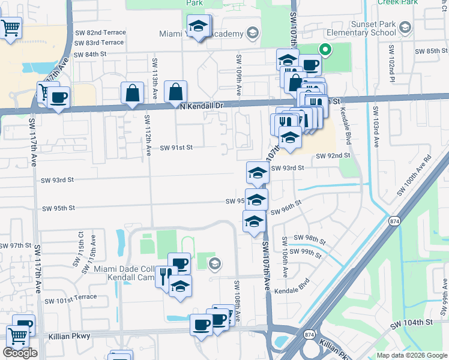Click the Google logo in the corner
coord(20,353)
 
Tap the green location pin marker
coord(325,50)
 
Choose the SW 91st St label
coord(176,147)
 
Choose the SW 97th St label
coord(15,246)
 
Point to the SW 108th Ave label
coord(237,299)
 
